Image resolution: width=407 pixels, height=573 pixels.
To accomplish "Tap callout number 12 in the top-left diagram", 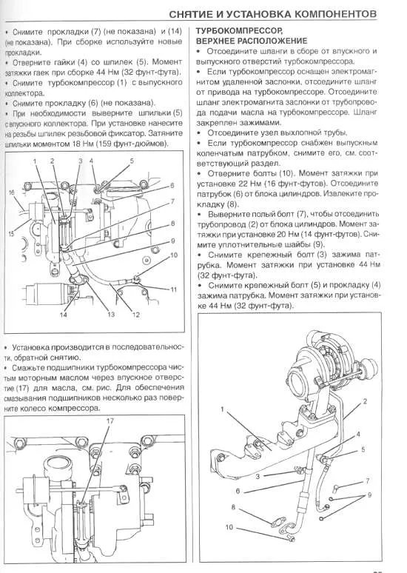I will [x=136, y=315].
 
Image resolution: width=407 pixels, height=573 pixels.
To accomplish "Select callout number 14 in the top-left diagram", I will [x=64, y=315].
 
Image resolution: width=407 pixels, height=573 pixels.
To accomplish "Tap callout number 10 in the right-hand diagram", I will [x=229, y=527].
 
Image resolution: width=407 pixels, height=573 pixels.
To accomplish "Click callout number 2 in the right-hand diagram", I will [x=365, y=401].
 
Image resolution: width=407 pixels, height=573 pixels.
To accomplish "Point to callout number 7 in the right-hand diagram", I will [x=367, y=480].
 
